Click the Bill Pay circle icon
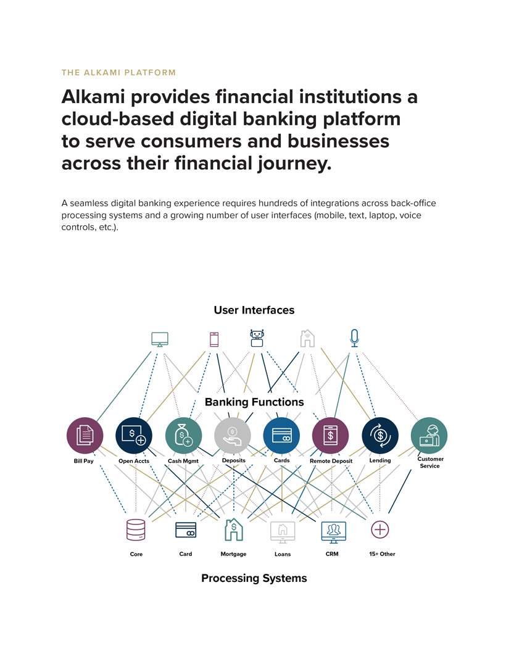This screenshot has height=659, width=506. click(x=85, y=435)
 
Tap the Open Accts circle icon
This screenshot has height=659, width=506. click(x=134, y=435)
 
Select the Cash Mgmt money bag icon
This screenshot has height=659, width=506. click(x=183, y=435)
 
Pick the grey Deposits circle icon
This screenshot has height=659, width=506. click(x=233, y=435)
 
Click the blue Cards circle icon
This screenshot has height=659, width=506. click(x=281, y=435)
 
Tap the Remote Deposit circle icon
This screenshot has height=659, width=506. click(x=331, y=435)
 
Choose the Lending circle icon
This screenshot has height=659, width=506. click(x=380, y=435)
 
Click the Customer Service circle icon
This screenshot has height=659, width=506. click(x=429, y=435)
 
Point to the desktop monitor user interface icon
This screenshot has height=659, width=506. click(x=160, y=339)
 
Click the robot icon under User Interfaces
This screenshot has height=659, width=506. click(x=257, y=338)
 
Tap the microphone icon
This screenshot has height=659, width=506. click(x=354, y=338)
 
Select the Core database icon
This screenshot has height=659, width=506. click(x=136, y=529)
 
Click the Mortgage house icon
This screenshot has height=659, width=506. click(x=233, y=529)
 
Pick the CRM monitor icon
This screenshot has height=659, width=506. click(x=333, y=529)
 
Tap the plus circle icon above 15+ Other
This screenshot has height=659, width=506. click(x=380, y=529)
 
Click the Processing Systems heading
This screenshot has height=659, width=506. click(x=254, y=578)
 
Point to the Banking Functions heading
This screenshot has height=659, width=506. click(x=254, y=402)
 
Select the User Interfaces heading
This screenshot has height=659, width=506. click(x=254, y=310)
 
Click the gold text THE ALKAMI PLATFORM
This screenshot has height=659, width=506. click(x=118, y=72)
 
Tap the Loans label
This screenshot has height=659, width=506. click(x=283, y=554)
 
